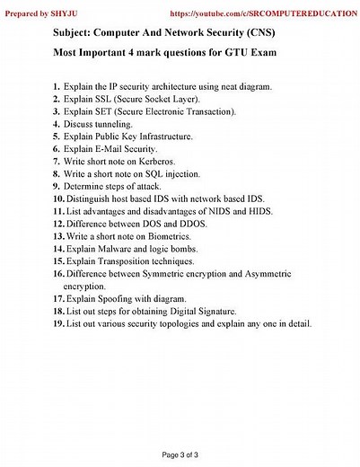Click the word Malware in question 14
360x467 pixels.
point(115,248)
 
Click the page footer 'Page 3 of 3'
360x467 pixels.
point(180,454)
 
